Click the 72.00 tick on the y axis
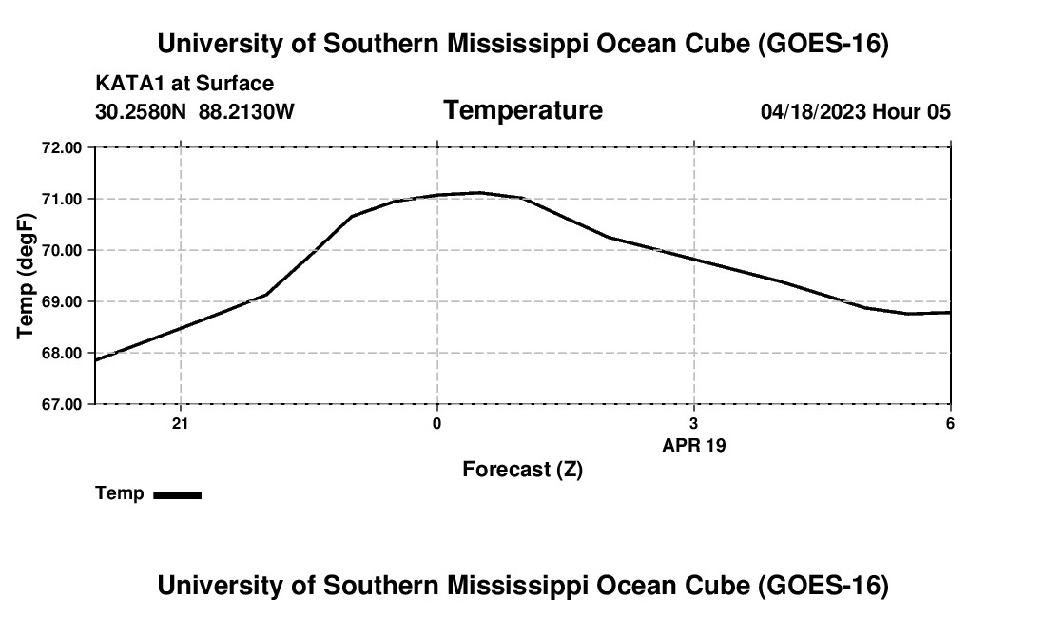[x=62, y=147]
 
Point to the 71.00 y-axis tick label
[x=62, y=199]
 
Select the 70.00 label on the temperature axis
[x=62, y=250]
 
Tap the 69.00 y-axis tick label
[x=62, y=301]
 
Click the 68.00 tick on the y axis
[x=62, y=353]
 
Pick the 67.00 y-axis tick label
[x=62, y=404]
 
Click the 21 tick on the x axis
[x=180, y=423]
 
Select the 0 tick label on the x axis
[x=437, y=423]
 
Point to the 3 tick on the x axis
[x=694, y=423]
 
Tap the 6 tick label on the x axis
[x=950, y=423]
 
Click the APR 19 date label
[x=694, y=445]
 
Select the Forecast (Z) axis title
[x=522, y=470]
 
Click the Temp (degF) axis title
[x=26, y=276]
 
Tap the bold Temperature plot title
[x=523, y=110]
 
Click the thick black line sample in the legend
[x=178, y=494]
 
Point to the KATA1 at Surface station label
[x=184, y=84]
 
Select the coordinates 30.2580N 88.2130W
[x=194, y=111]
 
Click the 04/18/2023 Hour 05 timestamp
[x=855, y=111]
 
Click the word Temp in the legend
[x=120, y=493]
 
